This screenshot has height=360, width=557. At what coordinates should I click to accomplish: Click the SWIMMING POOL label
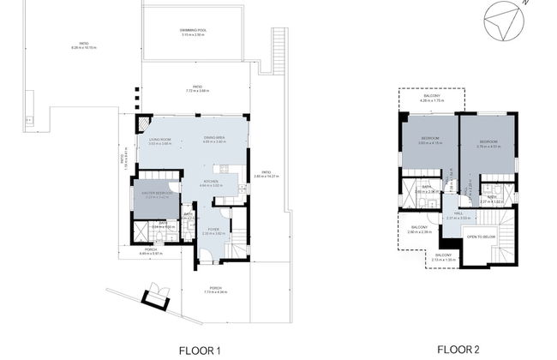coord(193,32)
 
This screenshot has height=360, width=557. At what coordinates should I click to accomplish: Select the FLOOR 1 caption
coord(200,350)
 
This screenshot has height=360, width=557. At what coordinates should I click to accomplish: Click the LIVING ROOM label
coord(160,141)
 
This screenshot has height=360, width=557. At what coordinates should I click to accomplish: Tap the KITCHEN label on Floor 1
coord(211,183)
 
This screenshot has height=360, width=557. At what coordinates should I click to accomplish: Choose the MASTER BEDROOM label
coord(155,194)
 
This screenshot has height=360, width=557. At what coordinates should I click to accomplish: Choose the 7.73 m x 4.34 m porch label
coord(215,290)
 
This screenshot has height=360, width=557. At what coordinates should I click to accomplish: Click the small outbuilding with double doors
coord(156,295)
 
